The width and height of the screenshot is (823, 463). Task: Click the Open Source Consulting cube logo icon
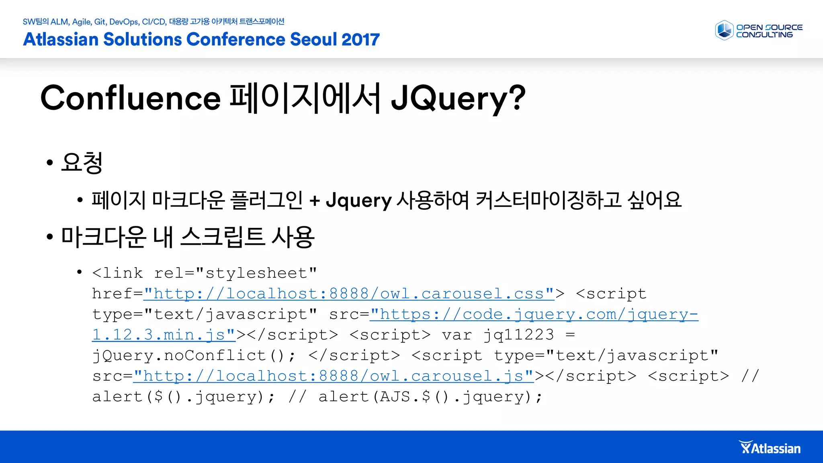725,31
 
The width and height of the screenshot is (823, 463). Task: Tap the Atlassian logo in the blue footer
770,448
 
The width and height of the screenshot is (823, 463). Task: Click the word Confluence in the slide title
131,98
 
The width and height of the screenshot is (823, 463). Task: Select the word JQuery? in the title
458,98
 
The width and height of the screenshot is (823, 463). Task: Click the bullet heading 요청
82,162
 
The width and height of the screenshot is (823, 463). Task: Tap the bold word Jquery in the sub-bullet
358,200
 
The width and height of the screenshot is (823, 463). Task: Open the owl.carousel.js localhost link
334,376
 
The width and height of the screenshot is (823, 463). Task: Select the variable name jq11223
519,335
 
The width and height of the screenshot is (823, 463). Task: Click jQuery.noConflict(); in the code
194,356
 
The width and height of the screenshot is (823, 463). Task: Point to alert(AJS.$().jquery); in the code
430,397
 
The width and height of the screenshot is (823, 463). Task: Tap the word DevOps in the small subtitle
124,22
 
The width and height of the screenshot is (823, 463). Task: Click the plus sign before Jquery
315,200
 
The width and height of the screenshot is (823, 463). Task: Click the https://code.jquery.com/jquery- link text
534,314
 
